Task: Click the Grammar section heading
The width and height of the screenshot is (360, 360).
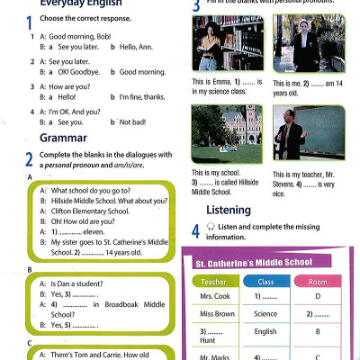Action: click(64, 138)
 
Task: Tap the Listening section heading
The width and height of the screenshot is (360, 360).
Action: click(229, 210)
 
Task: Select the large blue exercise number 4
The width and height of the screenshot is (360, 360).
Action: click(197, 229)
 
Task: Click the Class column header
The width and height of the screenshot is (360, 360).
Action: click(265, 282)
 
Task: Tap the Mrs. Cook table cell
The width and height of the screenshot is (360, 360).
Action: click(215, 296)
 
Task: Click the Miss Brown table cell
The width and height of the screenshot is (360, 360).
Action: click(217, 314)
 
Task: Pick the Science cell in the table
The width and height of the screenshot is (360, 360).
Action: click(265, 314)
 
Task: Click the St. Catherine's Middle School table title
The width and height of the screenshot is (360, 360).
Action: click(255, 262)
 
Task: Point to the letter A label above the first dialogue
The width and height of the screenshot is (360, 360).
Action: click(31, 177)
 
